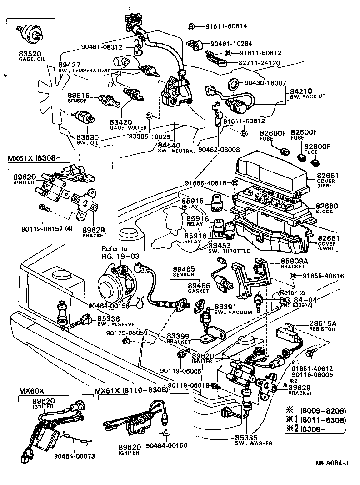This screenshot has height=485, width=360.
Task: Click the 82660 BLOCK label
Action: pos(327,206)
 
